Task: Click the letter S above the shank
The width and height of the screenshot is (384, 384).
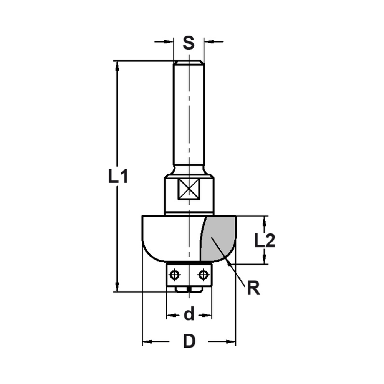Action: point(189,43)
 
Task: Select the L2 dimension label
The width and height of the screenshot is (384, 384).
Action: point(265,241)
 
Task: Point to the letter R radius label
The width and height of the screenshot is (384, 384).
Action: point(253,288)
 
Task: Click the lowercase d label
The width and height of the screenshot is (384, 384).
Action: point(189,314)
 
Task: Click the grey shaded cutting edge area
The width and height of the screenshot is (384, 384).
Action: point(218,238)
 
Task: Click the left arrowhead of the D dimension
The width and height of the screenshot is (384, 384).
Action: point(147,341)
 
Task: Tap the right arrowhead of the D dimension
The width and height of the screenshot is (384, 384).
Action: point(232,341)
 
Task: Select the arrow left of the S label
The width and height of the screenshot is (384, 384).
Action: point(169,41)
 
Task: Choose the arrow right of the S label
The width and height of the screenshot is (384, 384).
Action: point(209,41)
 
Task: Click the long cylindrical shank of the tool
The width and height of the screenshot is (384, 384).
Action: point(189,115)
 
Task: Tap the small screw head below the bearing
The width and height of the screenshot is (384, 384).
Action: point(189,289)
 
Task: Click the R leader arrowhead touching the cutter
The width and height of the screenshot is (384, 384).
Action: point(229,262)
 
